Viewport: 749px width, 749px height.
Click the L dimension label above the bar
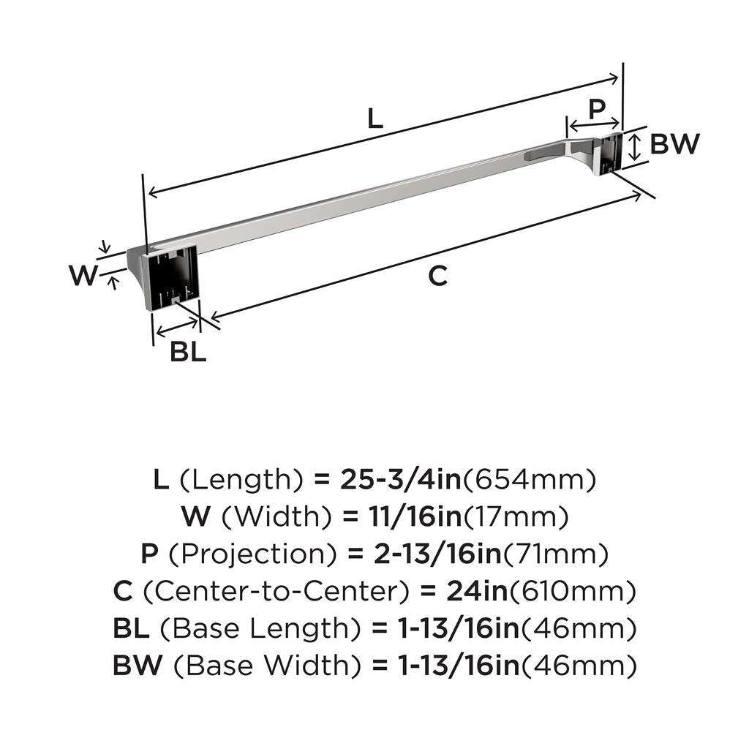click(x=374, y=118)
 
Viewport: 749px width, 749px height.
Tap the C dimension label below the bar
click(x=437, y=276)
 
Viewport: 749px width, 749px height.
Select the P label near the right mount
click(x=597, y=110)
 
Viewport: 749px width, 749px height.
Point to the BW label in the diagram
click(x=674, y=144)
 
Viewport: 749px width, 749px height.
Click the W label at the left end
click(x=83, y=276)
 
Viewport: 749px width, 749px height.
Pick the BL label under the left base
click(x=188, y=352)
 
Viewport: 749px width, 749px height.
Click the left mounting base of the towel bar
click(x=173, y=277)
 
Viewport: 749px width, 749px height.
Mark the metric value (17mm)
click(x=515, y=518)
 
